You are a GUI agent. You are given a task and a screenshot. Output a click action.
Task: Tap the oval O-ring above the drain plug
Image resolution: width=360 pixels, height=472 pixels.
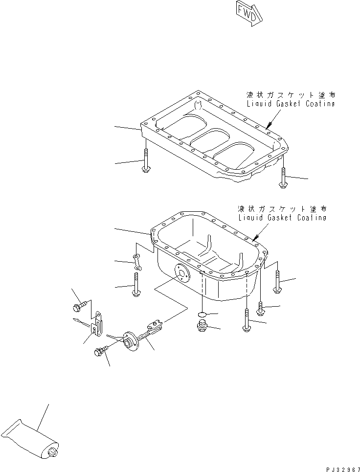tap(202, 314)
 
